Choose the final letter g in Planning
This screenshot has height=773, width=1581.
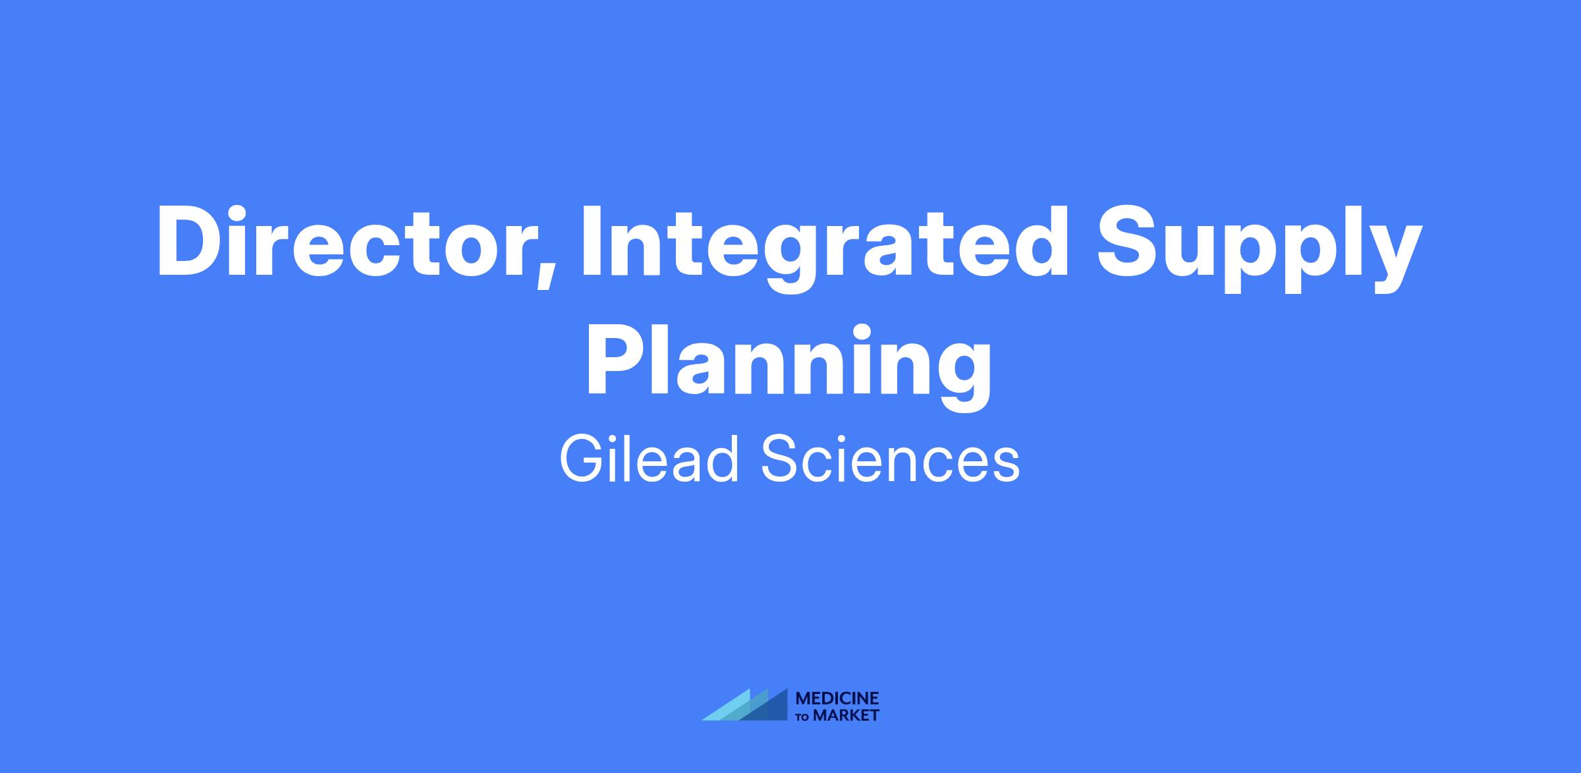coord(961,376)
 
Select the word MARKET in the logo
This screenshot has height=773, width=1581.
coord(846,715)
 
